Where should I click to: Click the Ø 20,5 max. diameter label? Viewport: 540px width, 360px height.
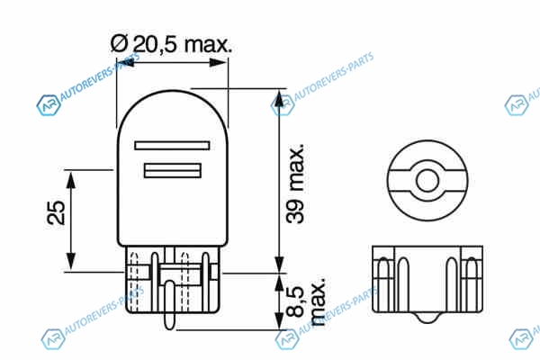click(x=171, y=44)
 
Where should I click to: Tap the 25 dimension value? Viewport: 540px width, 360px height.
click(x=56, y=212)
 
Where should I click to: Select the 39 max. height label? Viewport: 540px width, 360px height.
click(x=295, y=184)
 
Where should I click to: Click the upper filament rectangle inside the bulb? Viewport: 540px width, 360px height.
click(x=172, y=146)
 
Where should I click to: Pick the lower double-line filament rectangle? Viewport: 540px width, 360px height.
click(x=173, y=170)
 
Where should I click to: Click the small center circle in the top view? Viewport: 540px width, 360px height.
click(x=427, y=181)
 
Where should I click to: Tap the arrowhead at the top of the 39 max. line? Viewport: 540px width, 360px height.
click(x=280, y=99)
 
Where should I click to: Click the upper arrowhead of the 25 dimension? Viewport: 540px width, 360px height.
click(x=70, y=181)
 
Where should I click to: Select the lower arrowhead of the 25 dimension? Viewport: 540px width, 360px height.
click(x=70, y=262)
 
